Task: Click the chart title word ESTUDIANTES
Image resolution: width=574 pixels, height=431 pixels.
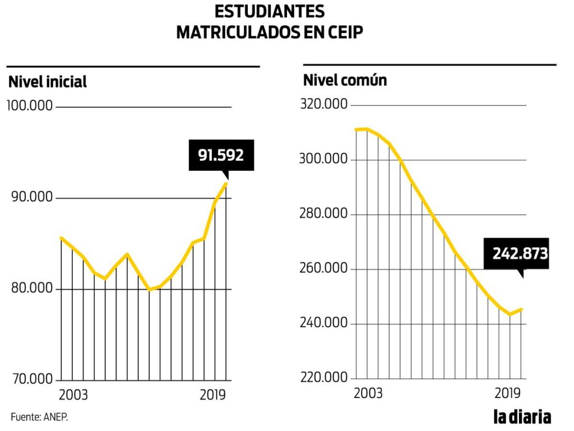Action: click(270, 11)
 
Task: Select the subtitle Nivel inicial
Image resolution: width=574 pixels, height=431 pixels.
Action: click(48, 82)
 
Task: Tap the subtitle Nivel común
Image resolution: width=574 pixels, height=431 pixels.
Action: click(345, 80)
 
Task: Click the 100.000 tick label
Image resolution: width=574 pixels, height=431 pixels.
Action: click(30, 106)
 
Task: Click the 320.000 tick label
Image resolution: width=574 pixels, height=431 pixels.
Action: click(324, 105)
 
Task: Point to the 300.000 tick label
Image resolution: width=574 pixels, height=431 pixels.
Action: click(324, 160)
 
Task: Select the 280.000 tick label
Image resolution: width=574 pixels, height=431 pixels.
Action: click(324, 215)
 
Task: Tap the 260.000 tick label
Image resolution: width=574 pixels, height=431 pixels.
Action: click(324, 269)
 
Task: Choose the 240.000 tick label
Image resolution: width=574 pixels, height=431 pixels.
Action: click(324, 324)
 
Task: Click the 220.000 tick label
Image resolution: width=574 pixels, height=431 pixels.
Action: click(324, 378)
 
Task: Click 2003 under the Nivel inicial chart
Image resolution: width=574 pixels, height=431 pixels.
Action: click(73, 395)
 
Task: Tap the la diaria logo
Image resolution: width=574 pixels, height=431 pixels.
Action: click(522, 417)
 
